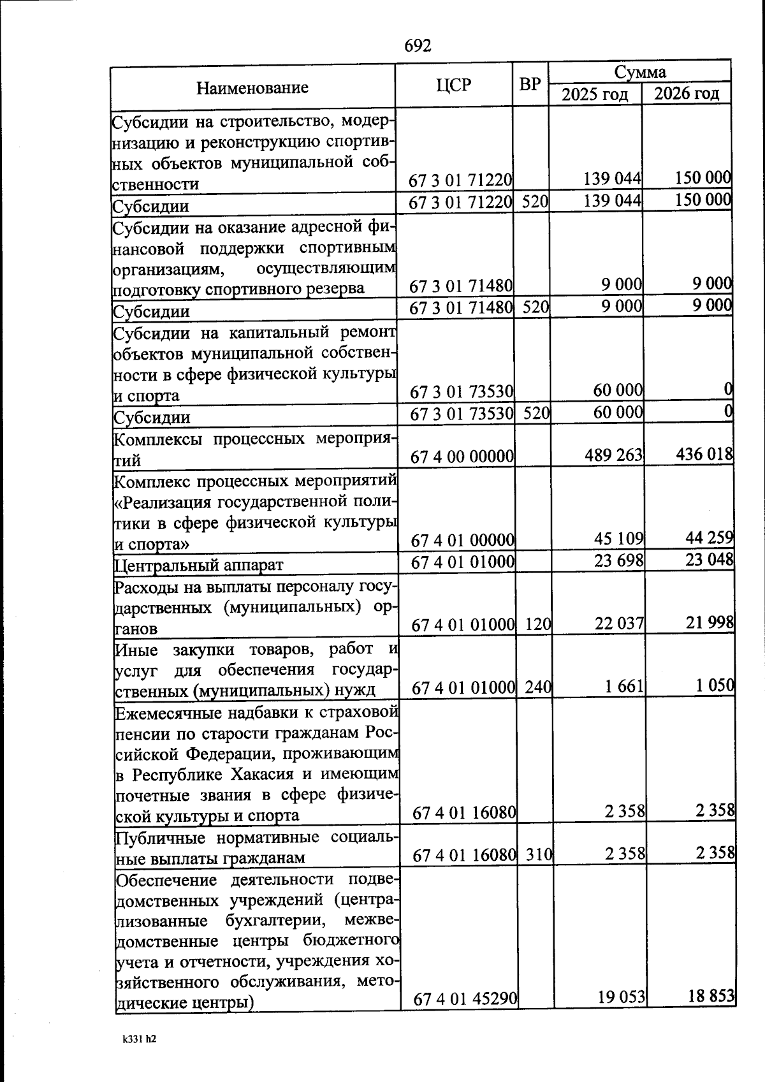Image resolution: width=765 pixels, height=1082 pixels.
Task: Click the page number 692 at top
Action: [x=418, y=46]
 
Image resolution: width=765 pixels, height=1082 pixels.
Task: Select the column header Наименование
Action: [x=252, y=88]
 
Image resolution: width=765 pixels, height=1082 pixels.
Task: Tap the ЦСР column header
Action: [x=455, y=85]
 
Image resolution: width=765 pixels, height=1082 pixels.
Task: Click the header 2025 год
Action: [x=595, y=95]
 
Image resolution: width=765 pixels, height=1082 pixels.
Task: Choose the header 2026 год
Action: [x=687, y=94]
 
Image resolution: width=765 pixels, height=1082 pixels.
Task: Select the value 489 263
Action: [x=613, y=455]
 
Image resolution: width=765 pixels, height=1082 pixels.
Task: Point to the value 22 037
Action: [x=620, y=624]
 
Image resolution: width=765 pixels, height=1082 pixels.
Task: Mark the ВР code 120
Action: [x=538, y=625]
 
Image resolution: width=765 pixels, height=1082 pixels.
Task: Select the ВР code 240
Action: [x=539, y=688]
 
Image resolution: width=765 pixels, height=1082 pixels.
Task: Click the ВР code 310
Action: [x=539, y=854]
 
